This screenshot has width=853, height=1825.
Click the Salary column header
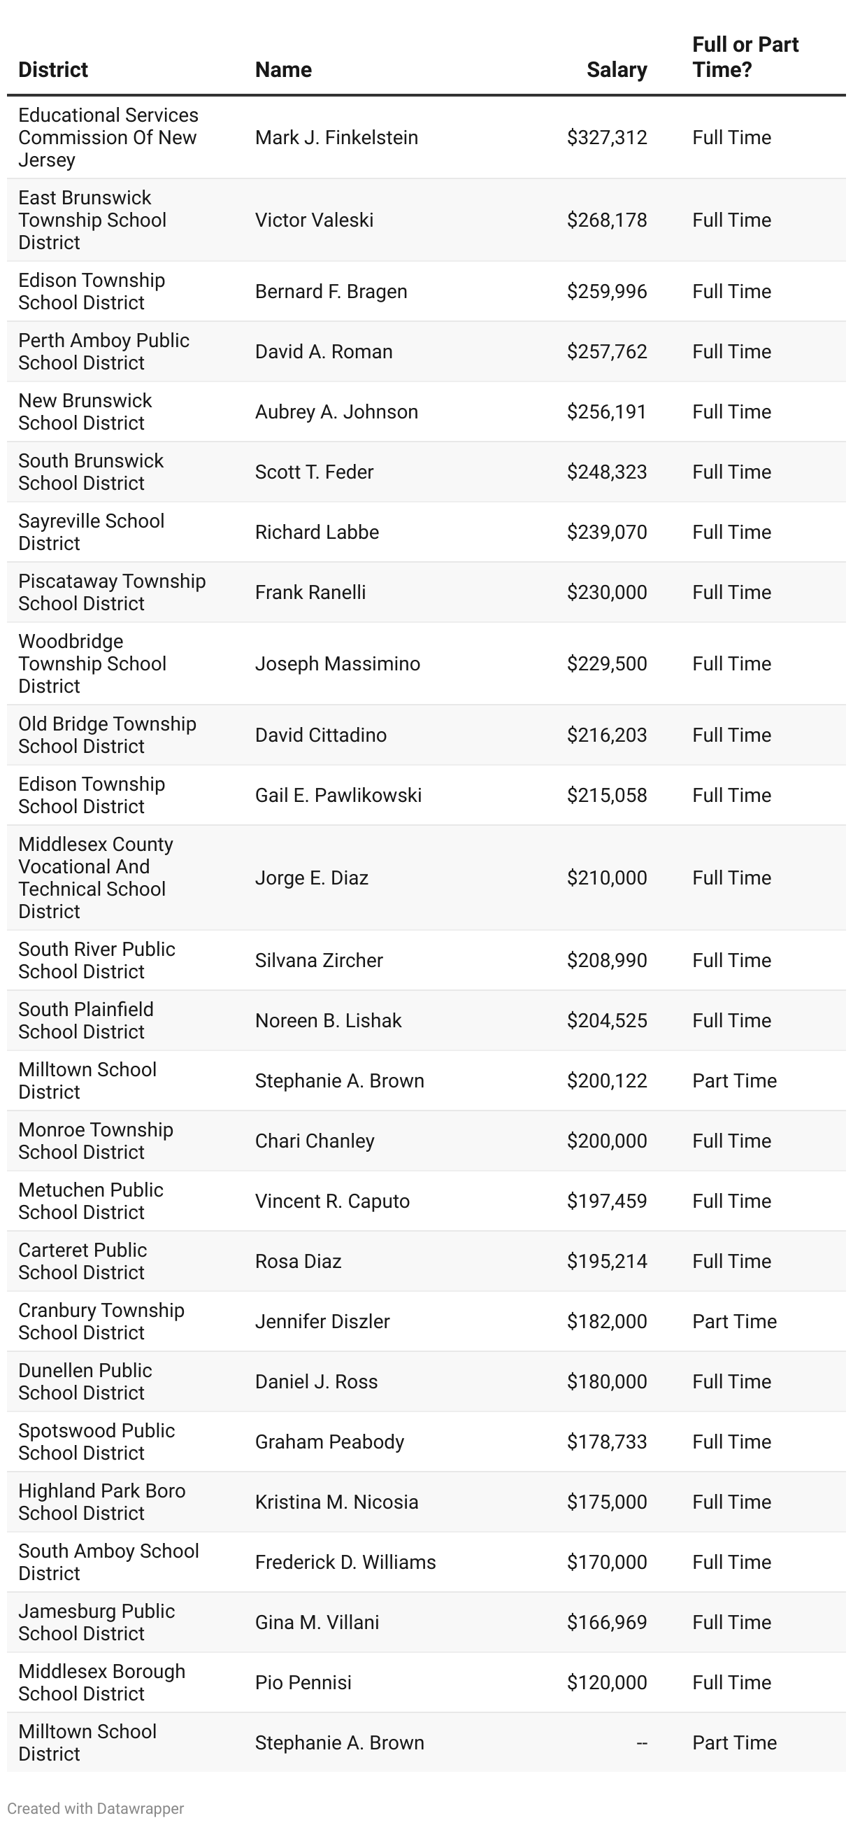click(x=616, y=69)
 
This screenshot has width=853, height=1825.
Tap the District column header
click(x=53, y=69)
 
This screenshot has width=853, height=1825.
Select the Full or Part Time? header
click(x=745, y=57)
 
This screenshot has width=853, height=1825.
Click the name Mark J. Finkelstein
click(x=336, y=137)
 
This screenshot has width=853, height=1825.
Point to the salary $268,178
click(x=607, y=220)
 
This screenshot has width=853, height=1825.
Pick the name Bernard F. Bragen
click(x=331, y=292)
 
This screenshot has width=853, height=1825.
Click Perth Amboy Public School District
click(x=103, y=351)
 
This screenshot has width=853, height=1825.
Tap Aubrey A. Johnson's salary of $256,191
click(x=607, y=411)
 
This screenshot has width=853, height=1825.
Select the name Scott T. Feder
click(x=314, y=472)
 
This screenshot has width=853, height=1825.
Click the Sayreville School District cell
click(x=91, y=532)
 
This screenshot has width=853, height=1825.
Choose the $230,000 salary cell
click(x=607, y=592)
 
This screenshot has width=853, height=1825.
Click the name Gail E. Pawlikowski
click(x=338, y=795)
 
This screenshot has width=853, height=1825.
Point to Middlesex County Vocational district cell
click(x=96, y=877)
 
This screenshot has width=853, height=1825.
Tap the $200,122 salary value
click(x=607, y=1080)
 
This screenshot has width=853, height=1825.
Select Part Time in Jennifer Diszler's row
click(x=734, y=1321)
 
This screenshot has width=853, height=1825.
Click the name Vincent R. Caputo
click(x=332, y=1201)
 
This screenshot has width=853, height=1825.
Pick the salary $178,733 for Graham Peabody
click(x=607, y=1442)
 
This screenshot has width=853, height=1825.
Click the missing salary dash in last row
click(x=641, y=1743)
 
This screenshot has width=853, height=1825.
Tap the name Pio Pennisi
click(x=303, y=1683)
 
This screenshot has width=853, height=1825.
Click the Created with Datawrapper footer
click(x=95, y=1808)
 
